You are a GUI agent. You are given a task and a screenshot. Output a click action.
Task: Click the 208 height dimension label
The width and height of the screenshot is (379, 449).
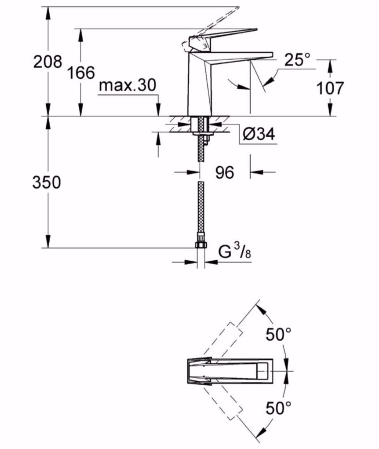click(48, 62)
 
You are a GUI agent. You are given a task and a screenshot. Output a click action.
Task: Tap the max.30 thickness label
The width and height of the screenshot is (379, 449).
click(127, 85)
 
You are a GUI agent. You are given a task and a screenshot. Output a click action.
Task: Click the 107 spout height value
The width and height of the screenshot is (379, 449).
click(330, 88)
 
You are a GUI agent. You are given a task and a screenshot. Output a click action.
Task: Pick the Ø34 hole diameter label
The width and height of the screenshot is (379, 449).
click(259, 134)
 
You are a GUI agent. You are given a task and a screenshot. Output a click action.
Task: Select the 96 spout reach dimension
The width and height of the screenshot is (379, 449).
click(224, 172)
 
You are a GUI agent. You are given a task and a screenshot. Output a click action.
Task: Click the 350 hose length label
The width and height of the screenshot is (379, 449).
click(46, 183)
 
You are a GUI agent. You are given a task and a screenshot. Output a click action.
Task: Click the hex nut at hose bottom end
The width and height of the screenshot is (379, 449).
click(201, 245)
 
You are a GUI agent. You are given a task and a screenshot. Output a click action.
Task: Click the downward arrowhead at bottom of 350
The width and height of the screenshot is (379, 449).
click(48, 242)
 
